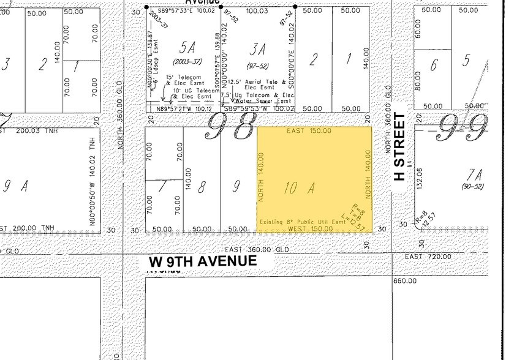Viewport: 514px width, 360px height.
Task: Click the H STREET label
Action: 399,148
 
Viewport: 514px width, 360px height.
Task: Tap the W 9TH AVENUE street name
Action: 203,261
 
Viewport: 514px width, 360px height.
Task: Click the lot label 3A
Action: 259,47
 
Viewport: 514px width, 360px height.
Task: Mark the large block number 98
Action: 229,127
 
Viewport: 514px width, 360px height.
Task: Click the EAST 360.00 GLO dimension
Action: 256,250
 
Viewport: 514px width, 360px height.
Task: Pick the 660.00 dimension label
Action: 405,281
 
